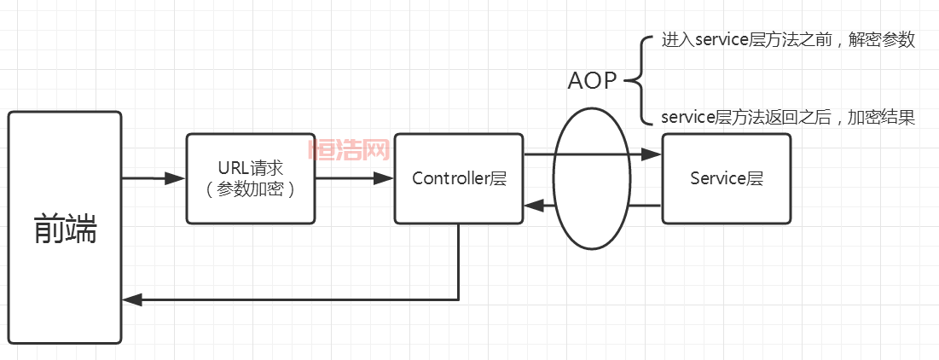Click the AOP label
tap(594, 80)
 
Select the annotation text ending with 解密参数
tap(788, 40)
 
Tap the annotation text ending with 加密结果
tap(788, 119)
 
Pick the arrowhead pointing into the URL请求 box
tap(176, 178)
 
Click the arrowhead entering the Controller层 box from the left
tap(384, 178)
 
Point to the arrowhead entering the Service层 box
tap(652, 154)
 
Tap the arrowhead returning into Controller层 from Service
tap(533, 206)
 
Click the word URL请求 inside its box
tap(250, 169)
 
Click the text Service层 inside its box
tap(726, 178)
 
